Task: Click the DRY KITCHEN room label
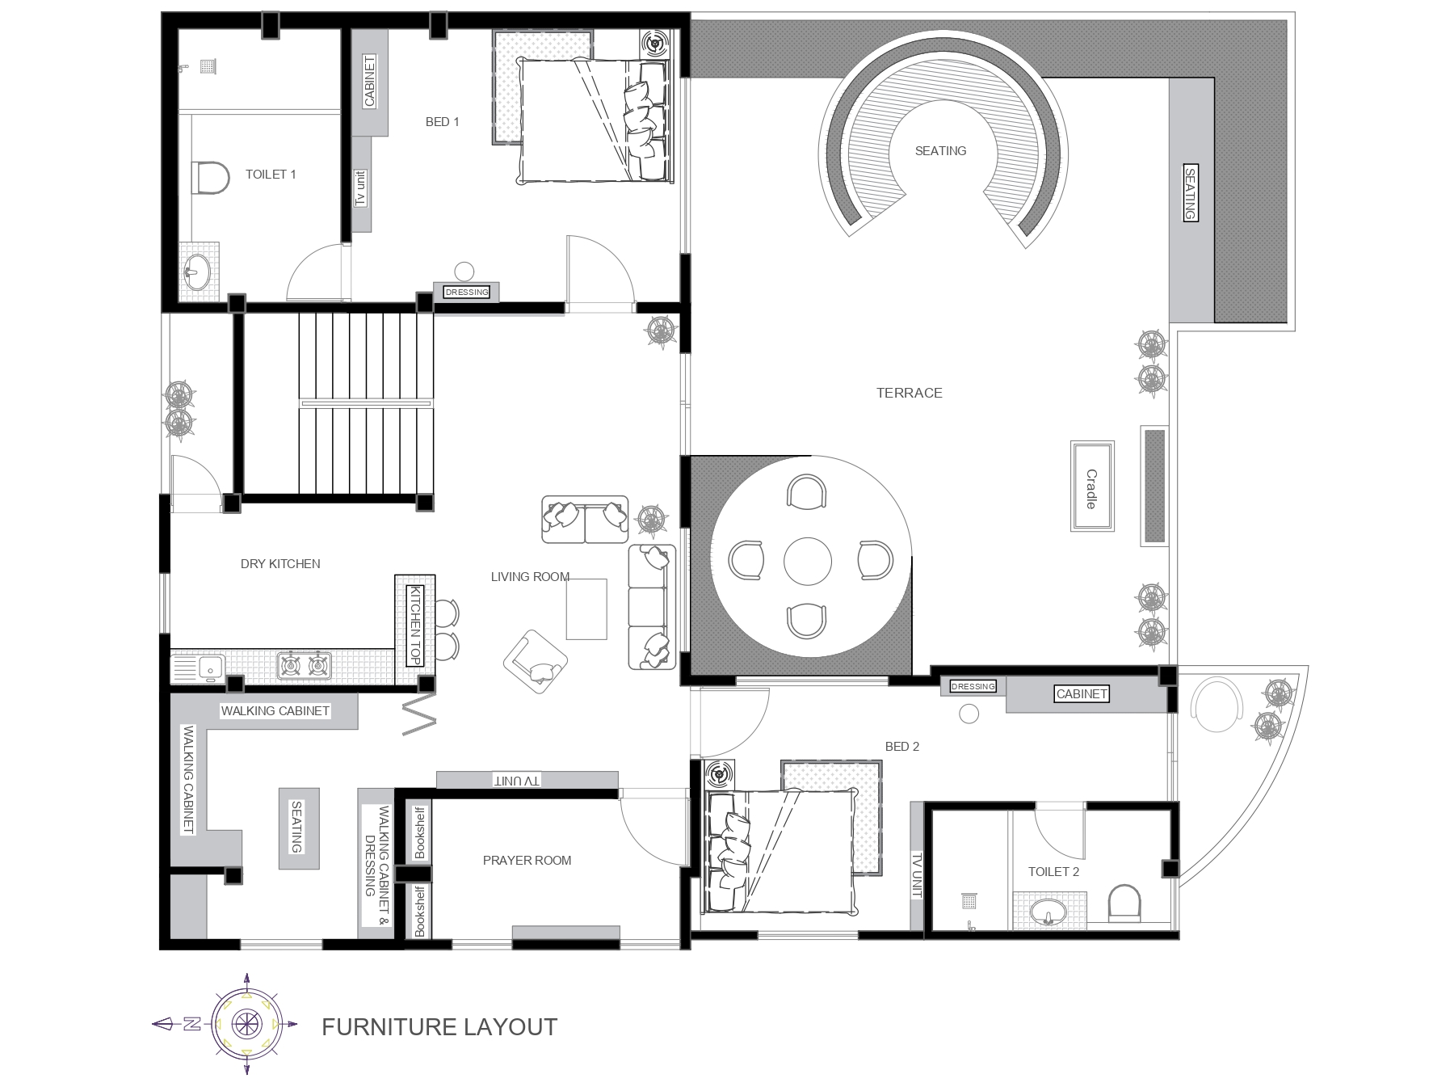pos(280,564)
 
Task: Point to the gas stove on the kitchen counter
pos(305,665)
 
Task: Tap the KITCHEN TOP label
pos(415,626)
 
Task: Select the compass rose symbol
pos(246,1024)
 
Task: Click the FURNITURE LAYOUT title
pos(439,1027)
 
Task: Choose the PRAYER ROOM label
pos(527,861)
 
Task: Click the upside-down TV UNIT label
pos(518,781)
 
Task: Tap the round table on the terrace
pos(808,561)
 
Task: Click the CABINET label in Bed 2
pos(1082,693)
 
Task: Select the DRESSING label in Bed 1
pos(467,292)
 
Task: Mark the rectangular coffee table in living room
pos(586,609)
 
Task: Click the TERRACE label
pos(910,393)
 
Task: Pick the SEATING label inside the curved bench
pos(940,151)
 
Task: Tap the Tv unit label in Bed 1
pos(361,188)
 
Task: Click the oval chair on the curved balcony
pos(1217,705)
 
